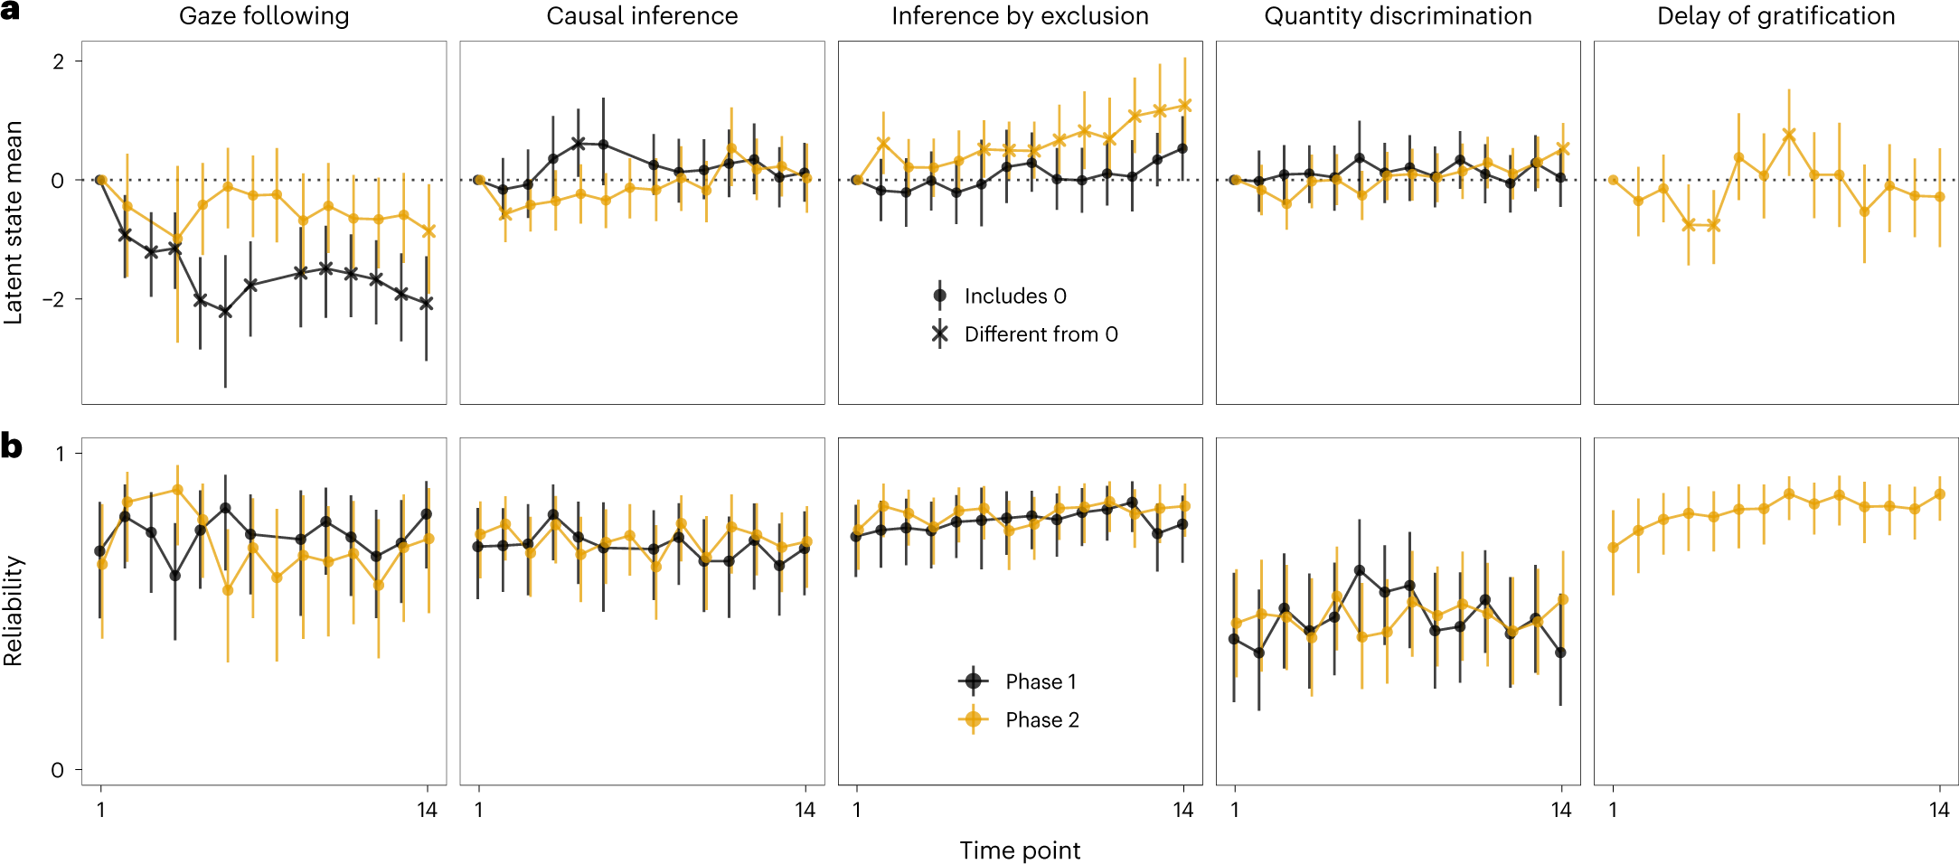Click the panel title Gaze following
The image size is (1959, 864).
click(264, 16)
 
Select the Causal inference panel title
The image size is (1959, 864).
click(642, 16)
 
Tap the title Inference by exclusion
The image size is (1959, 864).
click(1020, 16)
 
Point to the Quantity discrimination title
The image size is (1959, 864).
click(1398, 16)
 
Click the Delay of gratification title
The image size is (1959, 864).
click(1775, 16)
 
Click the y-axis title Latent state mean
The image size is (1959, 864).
click(14, 222)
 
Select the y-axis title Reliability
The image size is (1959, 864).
click(14, 611)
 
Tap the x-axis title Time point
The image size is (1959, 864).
click(1020, 850)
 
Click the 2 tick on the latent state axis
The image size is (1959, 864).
click(59, 61)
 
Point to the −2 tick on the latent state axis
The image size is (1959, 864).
click(54, 299)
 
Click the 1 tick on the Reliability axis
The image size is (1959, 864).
click(60, 454)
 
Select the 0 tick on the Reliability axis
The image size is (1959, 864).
click(58, 771)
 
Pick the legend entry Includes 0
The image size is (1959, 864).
click(1014, 296)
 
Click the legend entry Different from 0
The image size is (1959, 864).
click(1040, 334)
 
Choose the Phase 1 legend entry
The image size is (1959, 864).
click(1040, 681)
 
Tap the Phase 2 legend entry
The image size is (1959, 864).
click(1041, 720)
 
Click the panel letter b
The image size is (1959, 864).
click(12, 446)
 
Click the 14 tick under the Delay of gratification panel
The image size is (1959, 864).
click(1939, 810)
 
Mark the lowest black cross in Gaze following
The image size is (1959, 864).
click(225, 312)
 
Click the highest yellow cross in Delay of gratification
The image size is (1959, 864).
click(1788, 135)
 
